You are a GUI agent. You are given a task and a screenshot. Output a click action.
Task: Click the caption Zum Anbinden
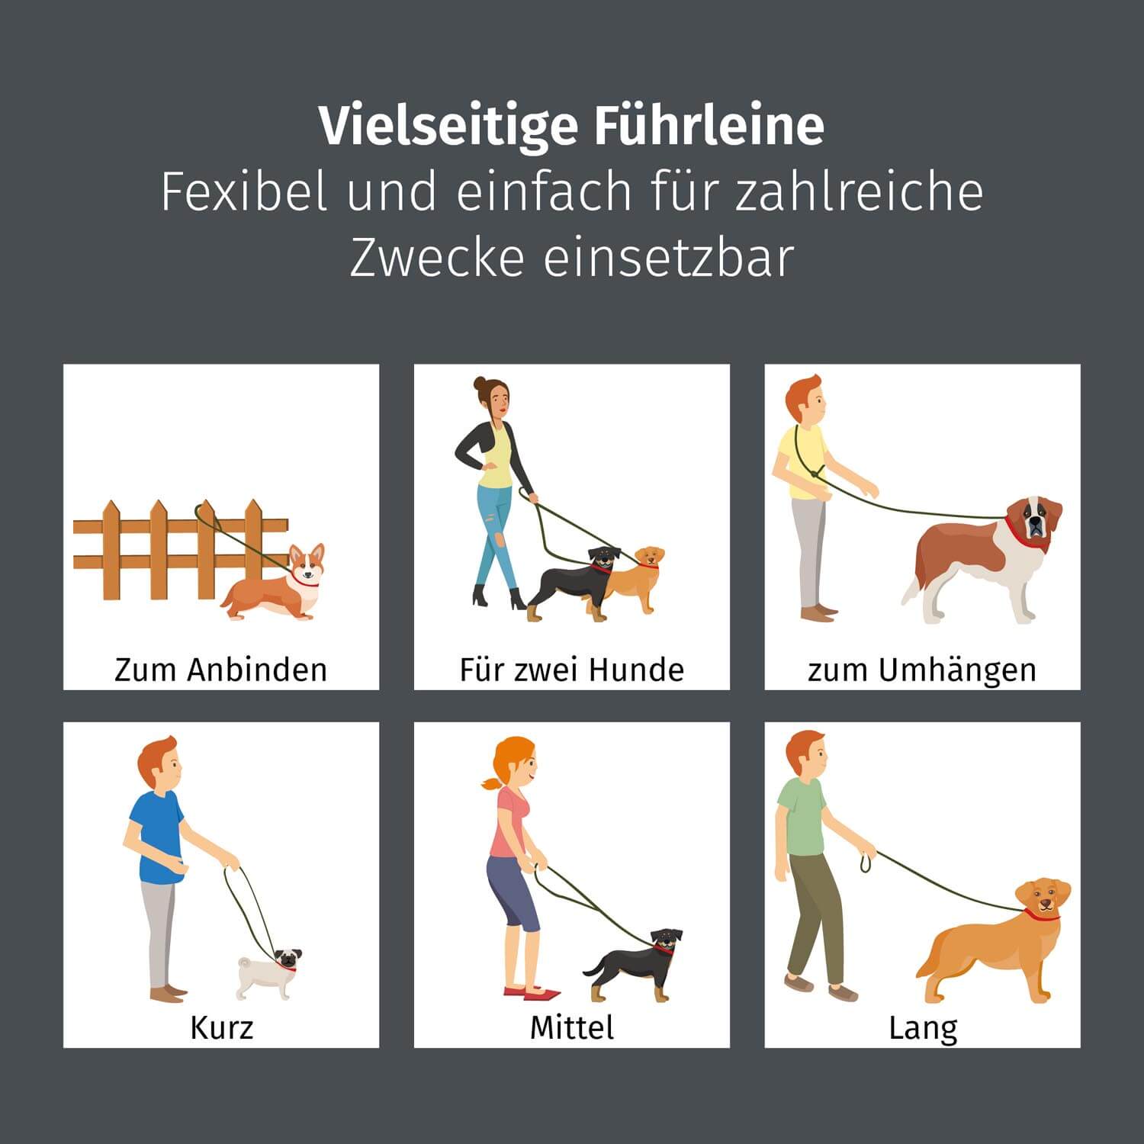[x=220, y=670]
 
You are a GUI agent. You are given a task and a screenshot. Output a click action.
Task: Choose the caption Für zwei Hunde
[x=571, y=670]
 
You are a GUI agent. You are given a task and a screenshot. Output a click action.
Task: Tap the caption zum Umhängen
[x=922, y=670]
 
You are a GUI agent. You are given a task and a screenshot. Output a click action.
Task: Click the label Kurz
[x=220, y=1027]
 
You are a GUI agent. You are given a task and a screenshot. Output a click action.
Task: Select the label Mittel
[x=571, y=1027]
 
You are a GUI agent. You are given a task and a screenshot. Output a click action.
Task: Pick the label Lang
[x=922, y=1027]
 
